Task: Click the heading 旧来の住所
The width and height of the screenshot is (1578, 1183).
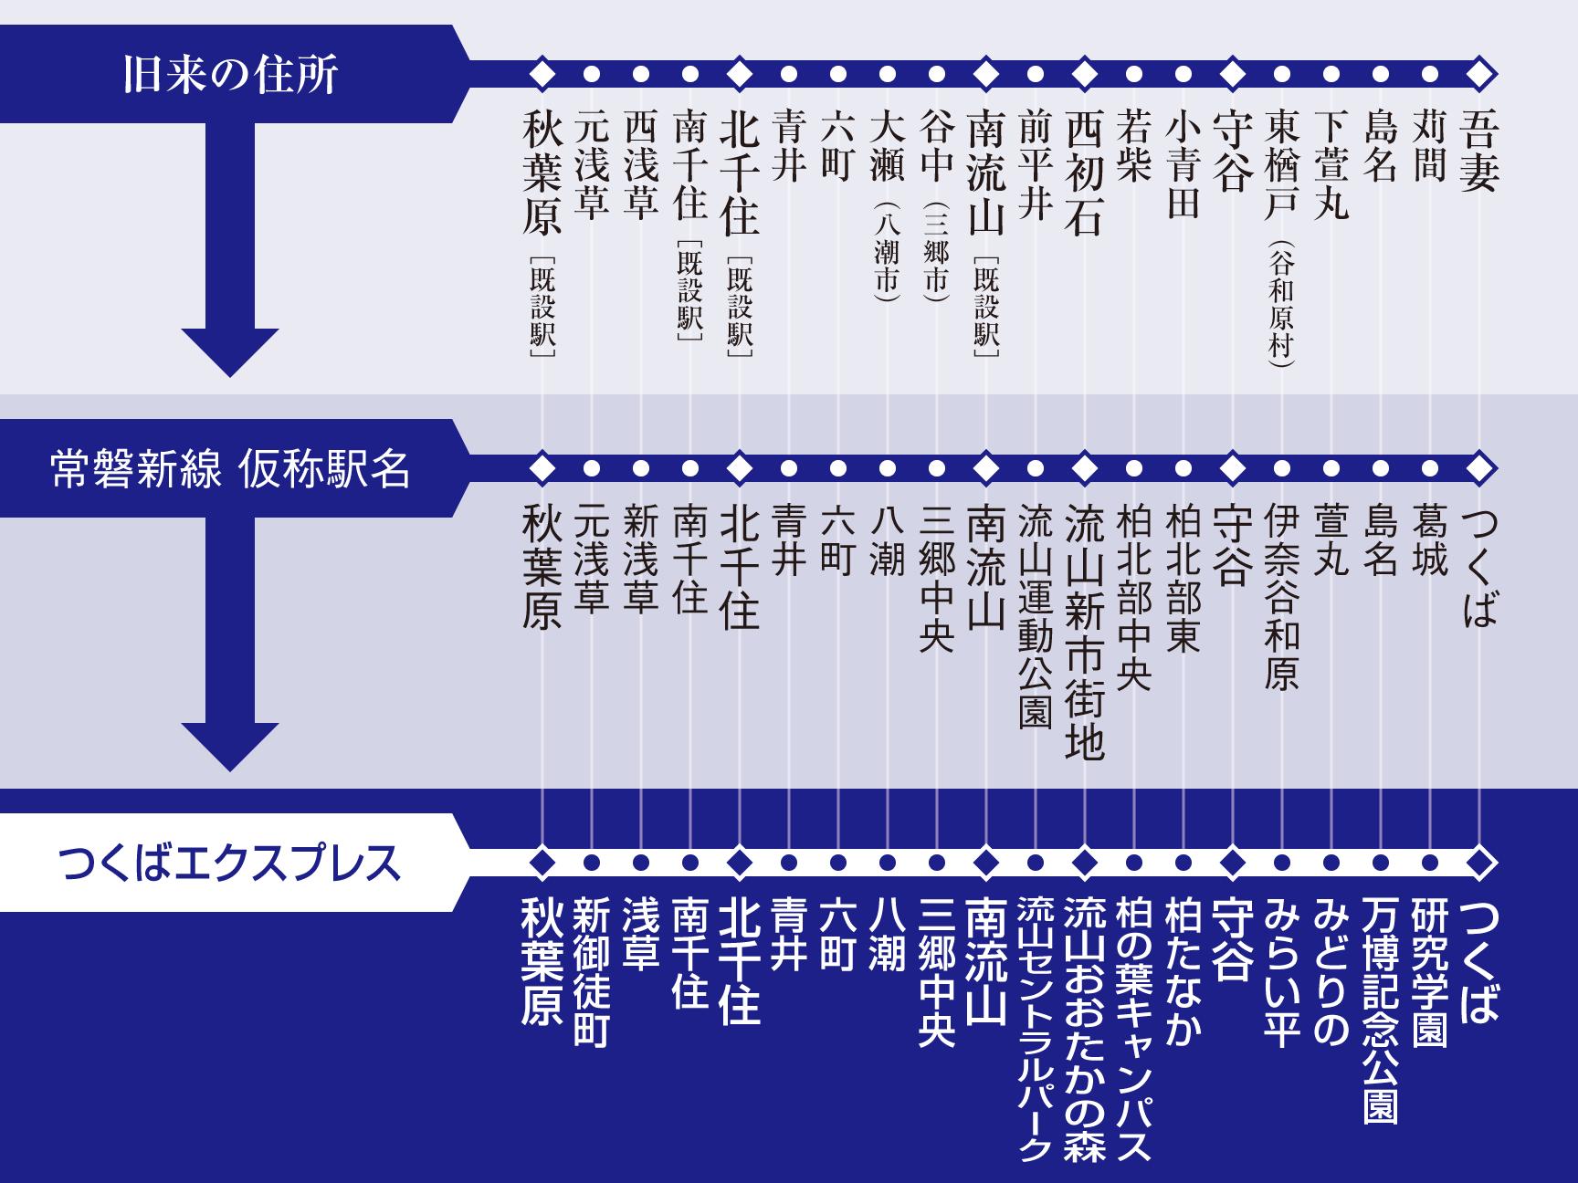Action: [230, 74]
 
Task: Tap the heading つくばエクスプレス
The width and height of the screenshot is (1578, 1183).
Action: [230, 863]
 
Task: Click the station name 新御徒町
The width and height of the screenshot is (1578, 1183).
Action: [591, 971]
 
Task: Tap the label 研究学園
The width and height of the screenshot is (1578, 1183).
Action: [1429, 971]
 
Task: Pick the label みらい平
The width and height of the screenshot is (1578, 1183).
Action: [1282, 971]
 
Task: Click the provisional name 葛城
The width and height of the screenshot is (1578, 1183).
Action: [1429, 542]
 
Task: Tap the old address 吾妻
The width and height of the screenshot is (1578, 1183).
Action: [1478, 150]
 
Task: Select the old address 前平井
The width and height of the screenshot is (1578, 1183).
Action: [1035, 165]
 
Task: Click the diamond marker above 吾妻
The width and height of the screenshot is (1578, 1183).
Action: [1479, 72]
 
